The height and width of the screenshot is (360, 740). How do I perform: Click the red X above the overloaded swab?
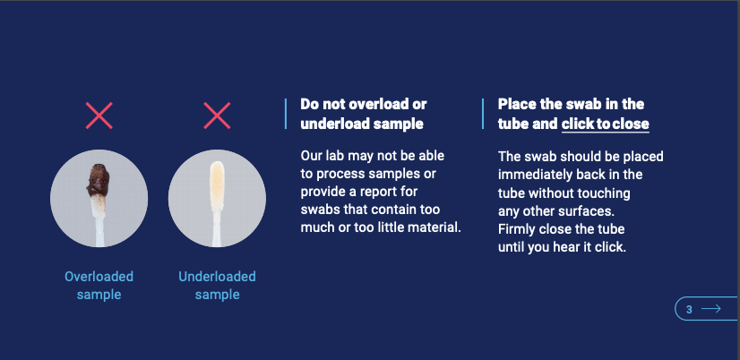[99, 116]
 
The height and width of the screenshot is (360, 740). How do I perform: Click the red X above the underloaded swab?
[217, 116]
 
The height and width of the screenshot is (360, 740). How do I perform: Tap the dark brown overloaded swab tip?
[98, 180]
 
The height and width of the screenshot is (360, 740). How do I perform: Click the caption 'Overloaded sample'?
[99, 286]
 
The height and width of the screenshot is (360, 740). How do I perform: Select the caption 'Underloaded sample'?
[217, 286]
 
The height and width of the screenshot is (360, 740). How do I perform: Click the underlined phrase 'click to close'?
[605, 124]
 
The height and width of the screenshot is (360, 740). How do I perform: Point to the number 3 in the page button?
[689, 310]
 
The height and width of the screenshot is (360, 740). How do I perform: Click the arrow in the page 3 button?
[711, 309]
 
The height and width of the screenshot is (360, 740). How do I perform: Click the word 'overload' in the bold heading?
[381, 104]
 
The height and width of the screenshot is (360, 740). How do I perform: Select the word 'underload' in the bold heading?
[334, 124]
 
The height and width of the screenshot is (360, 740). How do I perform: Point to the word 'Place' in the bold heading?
[515, 104]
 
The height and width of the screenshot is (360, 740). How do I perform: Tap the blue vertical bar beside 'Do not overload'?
[286, 114]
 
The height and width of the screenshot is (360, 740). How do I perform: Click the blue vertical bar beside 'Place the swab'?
[483, 114]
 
